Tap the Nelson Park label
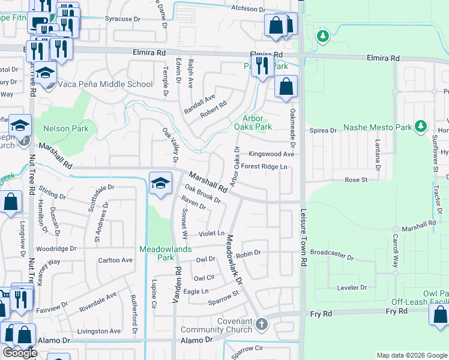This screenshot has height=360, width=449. [x=65, y=128]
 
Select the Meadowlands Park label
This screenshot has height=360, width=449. [x=161, y=253]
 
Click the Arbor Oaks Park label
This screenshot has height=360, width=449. [x=257, y=122]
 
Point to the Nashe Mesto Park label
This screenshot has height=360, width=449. [x=378, y=127]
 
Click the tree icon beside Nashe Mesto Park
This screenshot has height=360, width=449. [x=421, y=126]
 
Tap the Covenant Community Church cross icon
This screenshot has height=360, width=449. [x=261, y=325]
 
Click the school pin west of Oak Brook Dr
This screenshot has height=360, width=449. [x=160, y=184]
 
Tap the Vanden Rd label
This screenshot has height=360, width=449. [x=178, y=284]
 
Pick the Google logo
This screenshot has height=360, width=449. [x=20, y=353]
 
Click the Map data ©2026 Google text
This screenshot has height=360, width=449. [x=411, y=355]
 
